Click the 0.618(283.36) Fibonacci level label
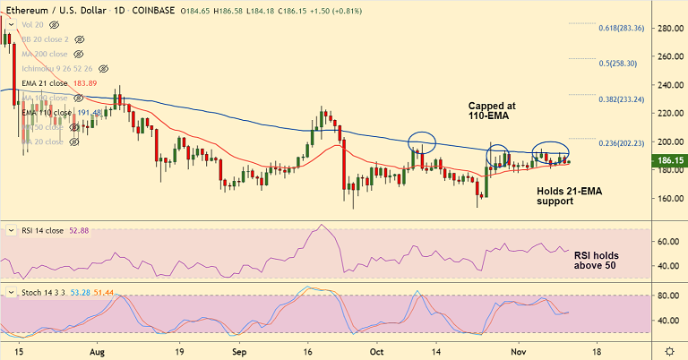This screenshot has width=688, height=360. coord(621,28)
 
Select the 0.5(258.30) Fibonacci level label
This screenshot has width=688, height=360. coord(617,64)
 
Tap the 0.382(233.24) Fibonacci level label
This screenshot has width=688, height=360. coord(621,99)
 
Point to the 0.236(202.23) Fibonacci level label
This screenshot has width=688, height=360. coord(621,143)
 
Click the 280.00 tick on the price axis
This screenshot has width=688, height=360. coord(666,29)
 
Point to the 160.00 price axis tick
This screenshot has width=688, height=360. coord(666,198)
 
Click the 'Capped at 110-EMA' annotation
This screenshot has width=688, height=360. coord(492,111)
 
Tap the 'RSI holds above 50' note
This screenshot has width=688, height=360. coord(596,260)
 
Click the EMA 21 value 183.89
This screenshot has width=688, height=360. coord(85,83)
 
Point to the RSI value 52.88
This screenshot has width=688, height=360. coord(81,230)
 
